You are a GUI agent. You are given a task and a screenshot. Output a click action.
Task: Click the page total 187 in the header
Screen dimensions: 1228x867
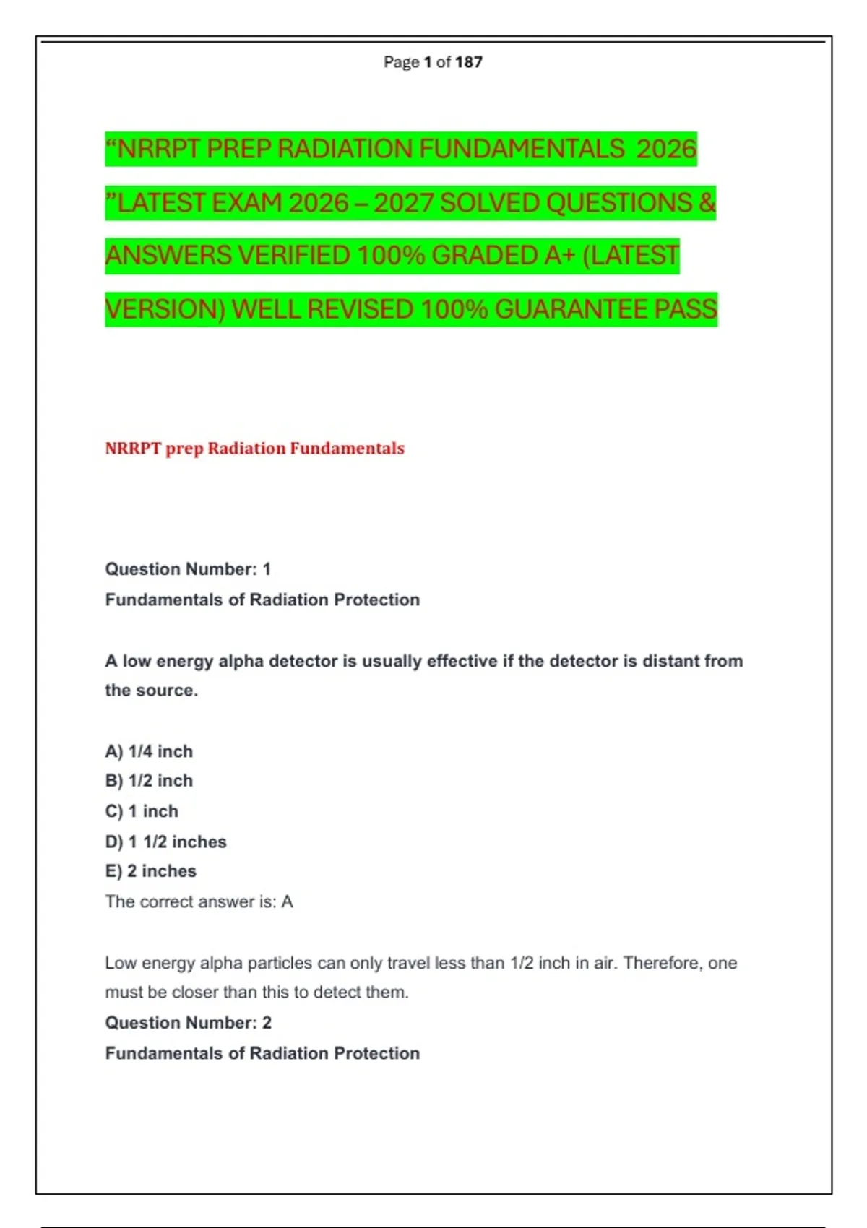pyautogui.click(x=469, y=62)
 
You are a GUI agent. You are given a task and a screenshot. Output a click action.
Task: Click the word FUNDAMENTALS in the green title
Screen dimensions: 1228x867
pyautogui.click(x=522, y=150)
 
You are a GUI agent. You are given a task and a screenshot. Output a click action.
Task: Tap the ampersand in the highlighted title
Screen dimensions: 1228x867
pyautogui.click(x=707, y=203)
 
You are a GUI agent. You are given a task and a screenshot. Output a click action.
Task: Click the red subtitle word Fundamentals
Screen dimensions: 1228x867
pyautogui.click(x=347, y=449)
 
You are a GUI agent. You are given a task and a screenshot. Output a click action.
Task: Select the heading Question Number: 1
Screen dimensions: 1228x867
pyautogui.click(x=188, y=569)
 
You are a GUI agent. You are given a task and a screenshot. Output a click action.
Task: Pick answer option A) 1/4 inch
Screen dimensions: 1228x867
pyautogui.click(x=149, y=751)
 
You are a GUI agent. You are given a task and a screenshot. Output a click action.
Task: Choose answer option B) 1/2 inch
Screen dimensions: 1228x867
pyautogui.click(x=149, y=781)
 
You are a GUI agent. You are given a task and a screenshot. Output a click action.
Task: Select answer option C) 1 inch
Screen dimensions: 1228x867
pyautogui.click(x=142, y=811)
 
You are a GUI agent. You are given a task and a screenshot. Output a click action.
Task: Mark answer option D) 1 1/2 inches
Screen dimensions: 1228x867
pyautogui.click(x=165, y=842)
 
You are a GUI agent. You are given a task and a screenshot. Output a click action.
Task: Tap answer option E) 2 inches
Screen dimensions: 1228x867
pyautogui.click(x=150, y=871)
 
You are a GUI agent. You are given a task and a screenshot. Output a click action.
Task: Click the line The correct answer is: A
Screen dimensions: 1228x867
pyautogui.click(x=199, y=901)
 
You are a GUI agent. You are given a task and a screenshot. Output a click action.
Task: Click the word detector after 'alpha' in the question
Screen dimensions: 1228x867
pyautogui.click(x=304, y=661)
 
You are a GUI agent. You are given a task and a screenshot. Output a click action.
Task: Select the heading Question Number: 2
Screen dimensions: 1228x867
pyautogui.click(x=188, y=1023)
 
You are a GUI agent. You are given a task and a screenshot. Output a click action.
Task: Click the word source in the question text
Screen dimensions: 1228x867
pyautogui.click(x=172, y=691)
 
